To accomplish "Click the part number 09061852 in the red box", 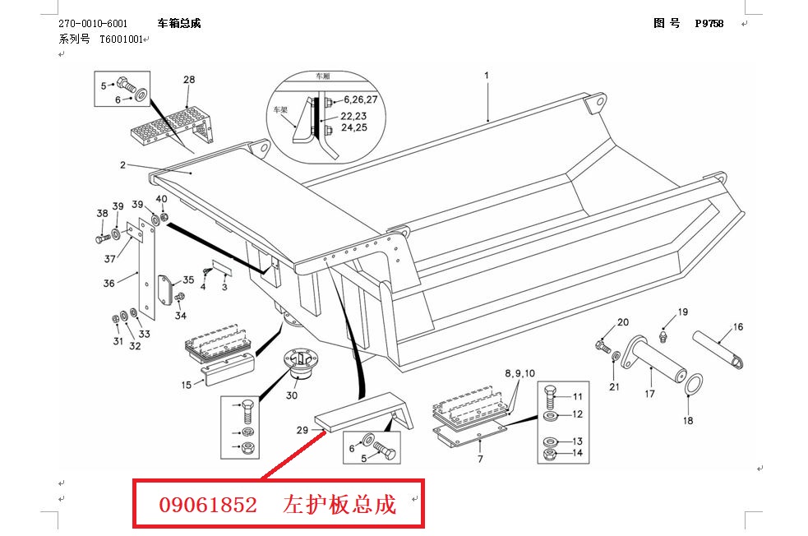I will coord(208,504).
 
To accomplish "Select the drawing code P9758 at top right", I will coord(709,24).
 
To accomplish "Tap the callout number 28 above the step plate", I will coord(189,80).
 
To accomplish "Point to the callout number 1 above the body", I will coord(486,76).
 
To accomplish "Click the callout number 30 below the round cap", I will coord(292,395).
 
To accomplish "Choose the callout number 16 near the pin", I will coord(737,327).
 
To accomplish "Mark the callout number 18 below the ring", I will coord(688,421).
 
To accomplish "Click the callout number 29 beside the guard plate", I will coord(302,430).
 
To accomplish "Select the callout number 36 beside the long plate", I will coord(109,284).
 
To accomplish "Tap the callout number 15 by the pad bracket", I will coord(186,384).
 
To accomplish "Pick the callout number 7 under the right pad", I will coord(480,460).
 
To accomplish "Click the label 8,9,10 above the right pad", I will coord(519,373).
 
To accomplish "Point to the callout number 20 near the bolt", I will coord(622,322).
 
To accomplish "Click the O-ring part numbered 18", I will coord(693,383).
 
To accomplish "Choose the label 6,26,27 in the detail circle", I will coord(360,99).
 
